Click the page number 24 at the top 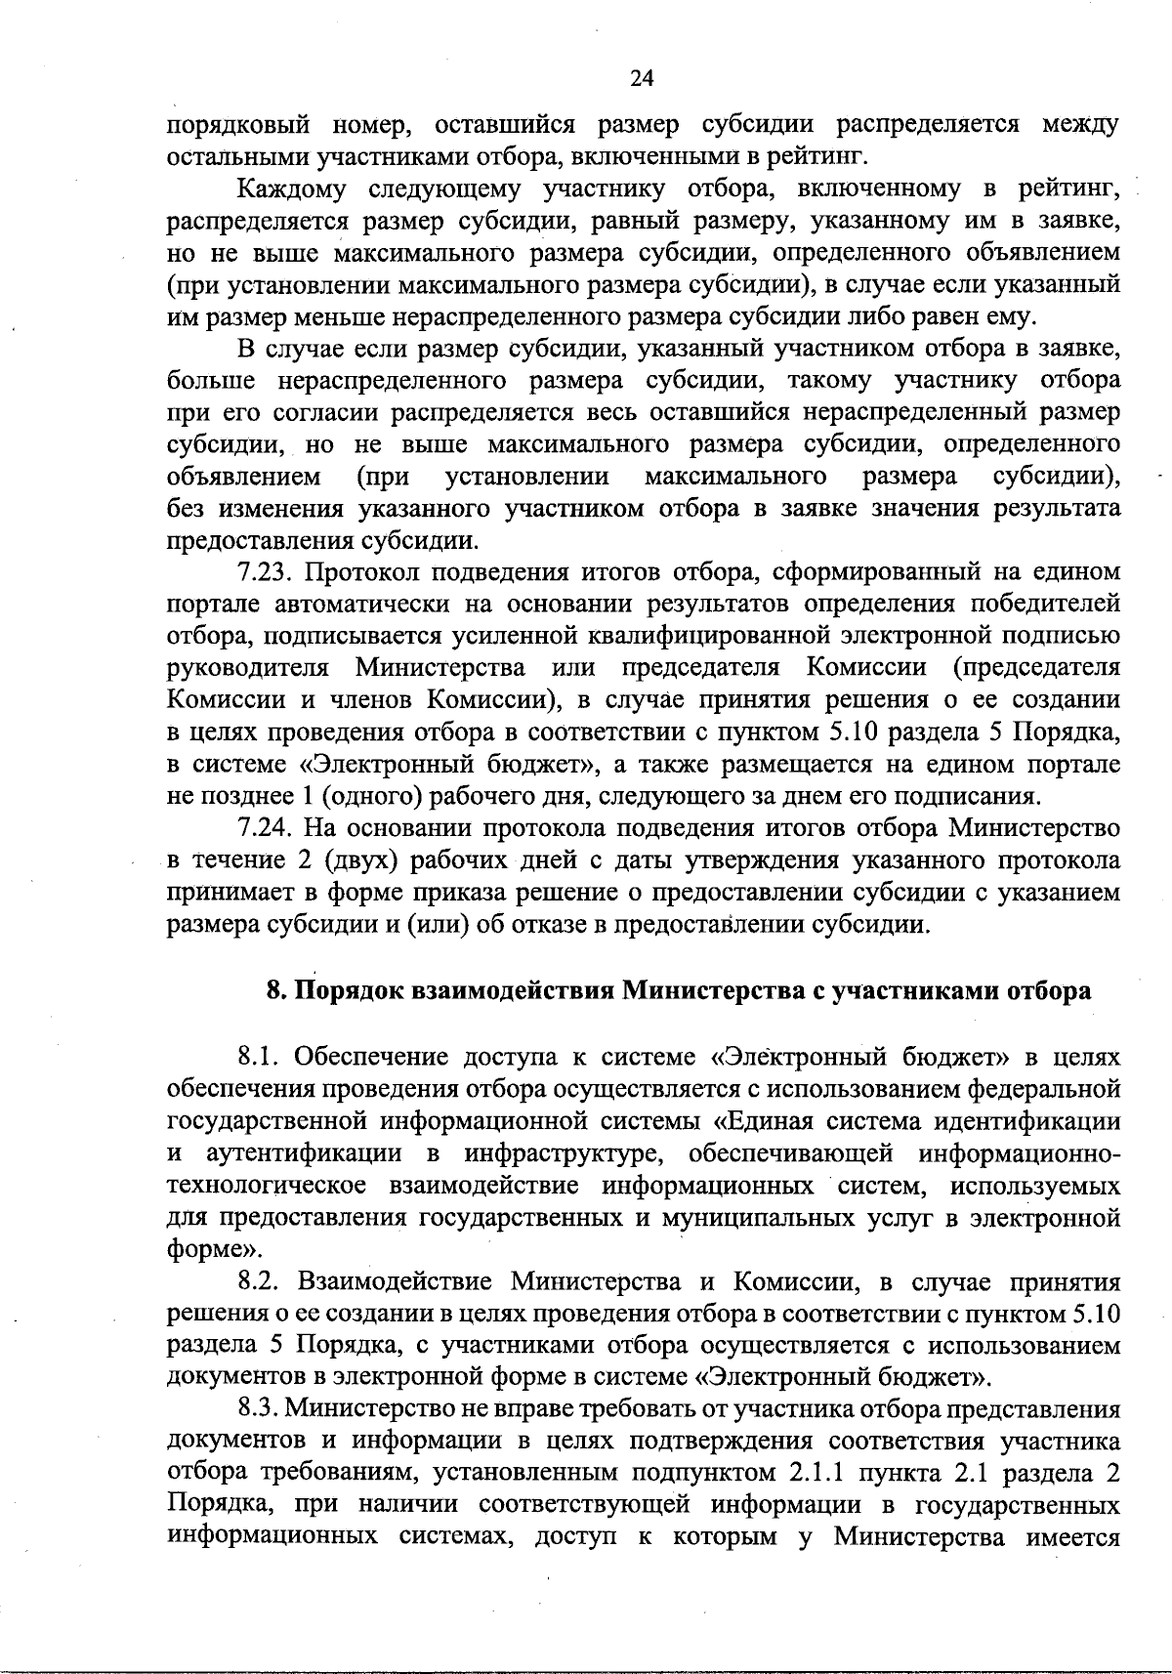coord(642,79)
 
